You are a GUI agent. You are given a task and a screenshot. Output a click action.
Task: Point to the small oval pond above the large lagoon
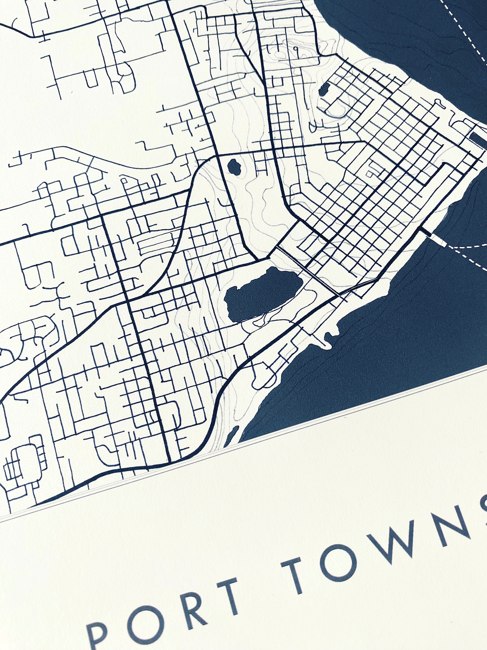click(x=234, y=167)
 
